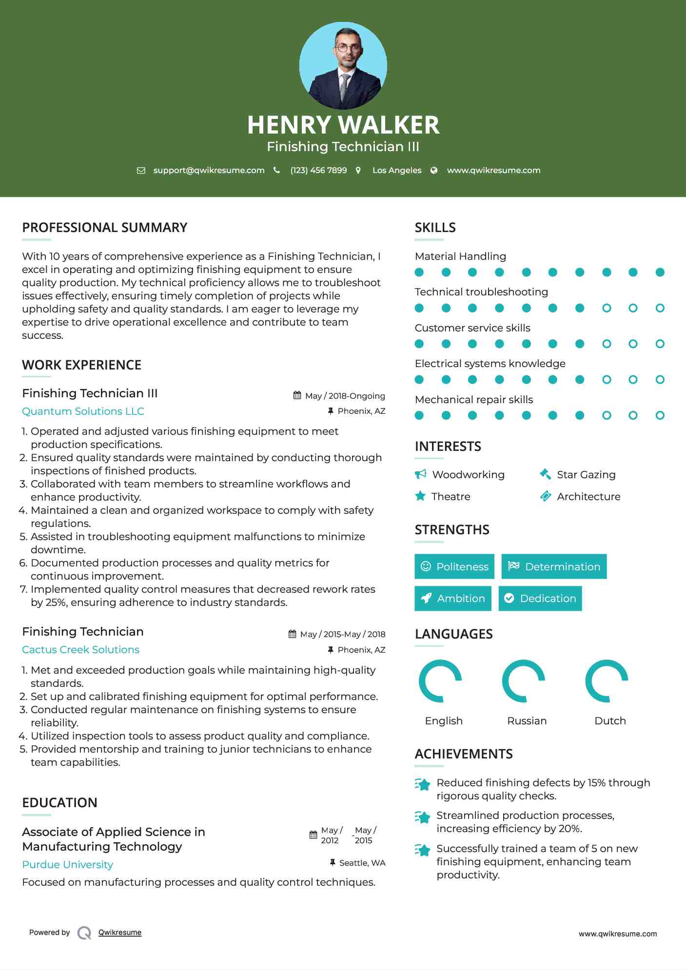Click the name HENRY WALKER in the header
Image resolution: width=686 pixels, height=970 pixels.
[x=343, y=125]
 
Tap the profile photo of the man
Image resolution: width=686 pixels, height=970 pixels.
[x=343, y=66]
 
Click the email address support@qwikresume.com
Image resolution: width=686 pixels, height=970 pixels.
[x=209, y=170]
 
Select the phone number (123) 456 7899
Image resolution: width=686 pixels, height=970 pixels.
[x=318, y=170]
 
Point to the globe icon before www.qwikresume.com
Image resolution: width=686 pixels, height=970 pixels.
[x=434, y=170]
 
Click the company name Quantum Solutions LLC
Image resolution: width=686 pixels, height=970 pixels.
[x=83, y=411]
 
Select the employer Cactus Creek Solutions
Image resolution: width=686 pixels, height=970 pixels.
[x=81, y=650]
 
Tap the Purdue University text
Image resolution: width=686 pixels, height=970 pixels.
[x=68, y=865]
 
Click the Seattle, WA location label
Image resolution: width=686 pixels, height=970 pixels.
[x=362, y=863]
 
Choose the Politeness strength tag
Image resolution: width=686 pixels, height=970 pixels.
[x=454, y=566]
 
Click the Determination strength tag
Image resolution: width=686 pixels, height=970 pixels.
[x=554, y=566]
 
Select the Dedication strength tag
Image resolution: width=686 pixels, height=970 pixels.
[x=540, y=598]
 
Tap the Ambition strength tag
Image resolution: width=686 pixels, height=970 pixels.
[x=453, y=598]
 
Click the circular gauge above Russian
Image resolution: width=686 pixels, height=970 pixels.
[x=524, y=681]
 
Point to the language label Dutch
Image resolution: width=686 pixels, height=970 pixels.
[x=610, y=721]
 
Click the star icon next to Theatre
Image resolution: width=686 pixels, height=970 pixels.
[x=420, y=496]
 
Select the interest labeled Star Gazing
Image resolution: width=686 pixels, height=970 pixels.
[x=586, y=475]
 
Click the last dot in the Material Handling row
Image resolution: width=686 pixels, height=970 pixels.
[x=660, y=272]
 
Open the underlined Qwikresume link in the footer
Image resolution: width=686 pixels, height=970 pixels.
[x=120, y=932]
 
